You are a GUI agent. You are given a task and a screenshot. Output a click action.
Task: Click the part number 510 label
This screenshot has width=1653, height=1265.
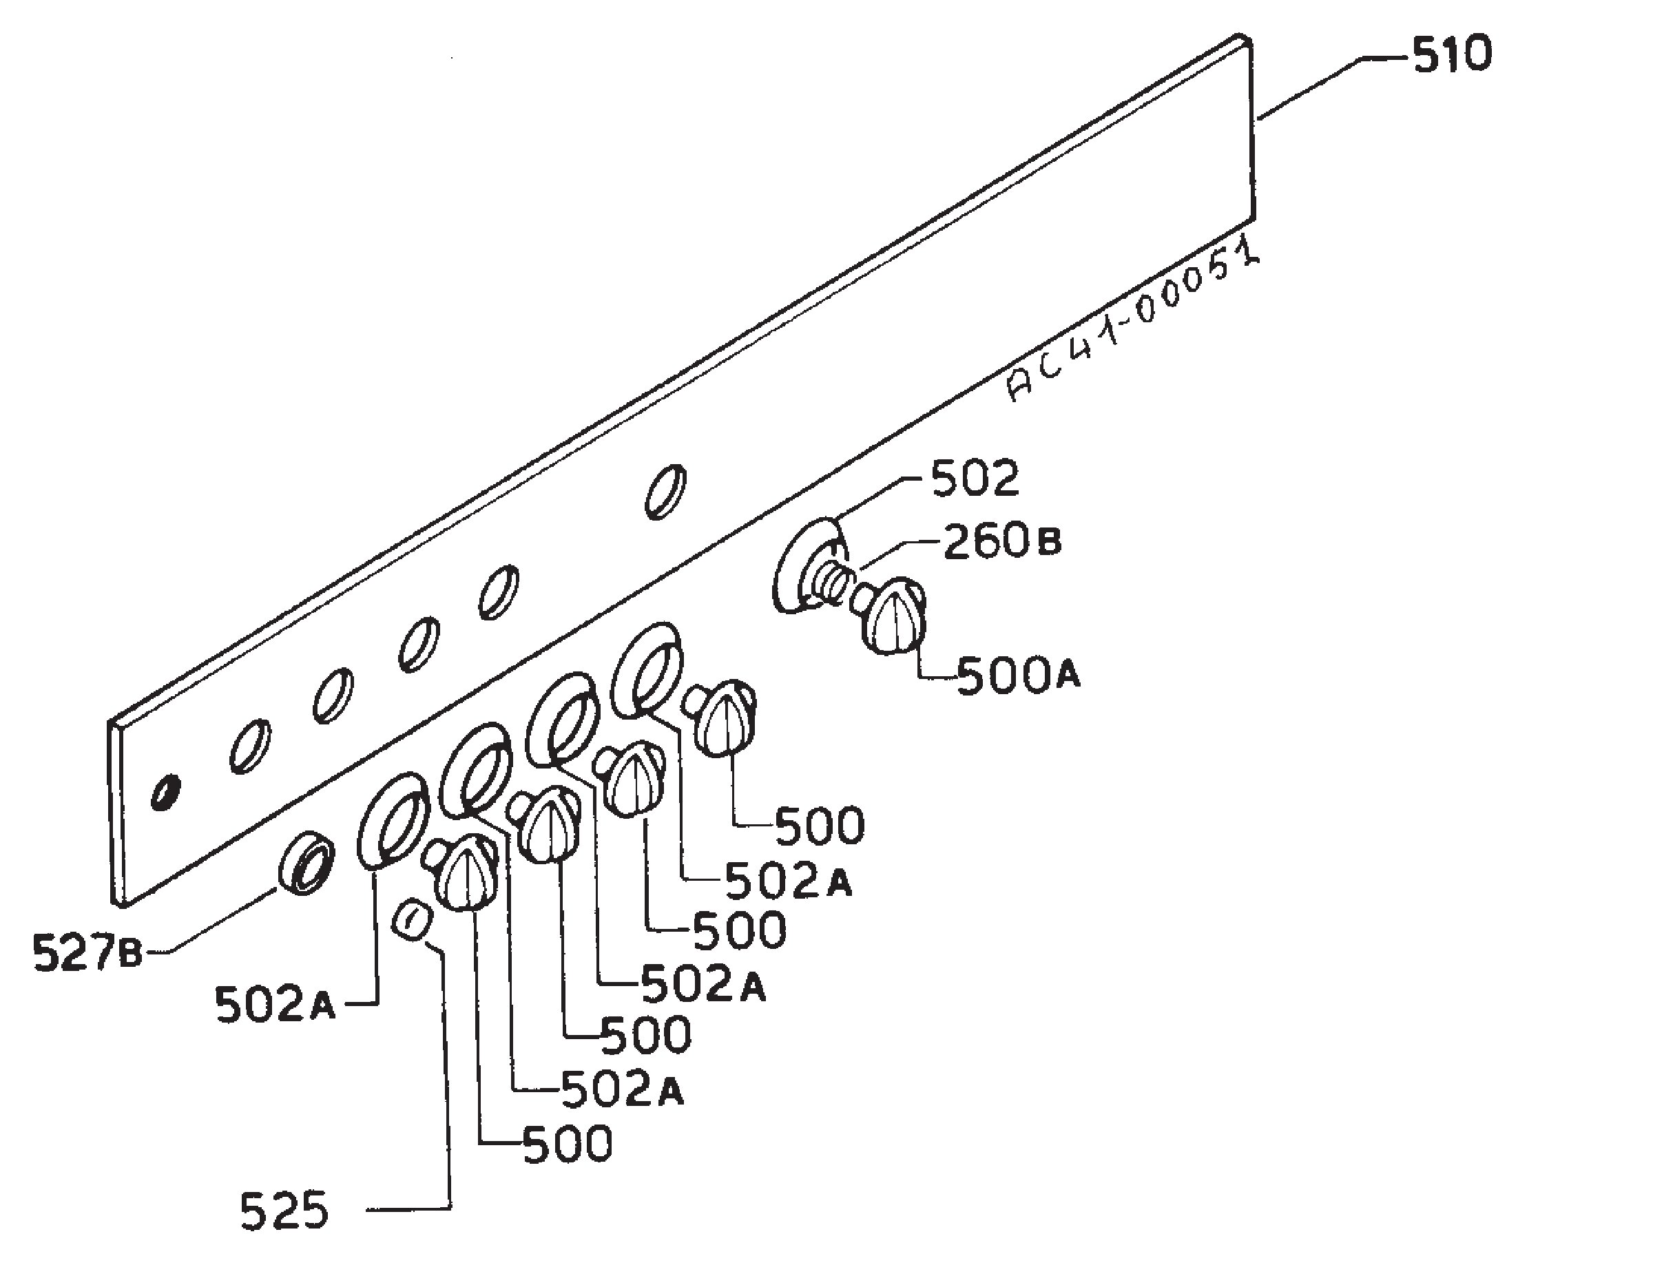tap(1451, 56)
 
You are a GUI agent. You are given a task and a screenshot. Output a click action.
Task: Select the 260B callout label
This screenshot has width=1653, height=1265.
tap(1002, 543)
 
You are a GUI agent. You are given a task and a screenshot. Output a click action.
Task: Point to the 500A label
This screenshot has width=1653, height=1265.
tap(1018, 676)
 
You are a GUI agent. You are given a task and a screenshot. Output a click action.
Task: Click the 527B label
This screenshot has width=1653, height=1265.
tap(87, 952)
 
